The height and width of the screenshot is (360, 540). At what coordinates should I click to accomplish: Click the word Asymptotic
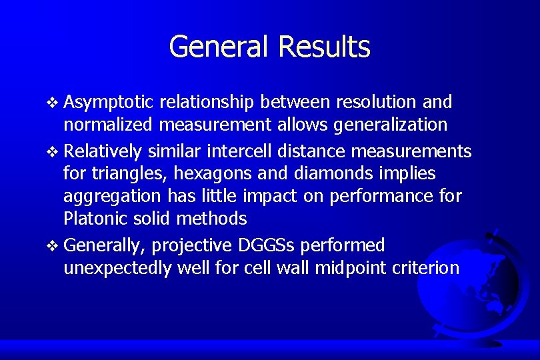(109, 102)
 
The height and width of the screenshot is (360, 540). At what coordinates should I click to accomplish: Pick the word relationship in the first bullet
(208, 102)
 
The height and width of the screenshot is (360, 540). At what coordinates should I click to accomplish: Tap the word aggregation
(111, 197)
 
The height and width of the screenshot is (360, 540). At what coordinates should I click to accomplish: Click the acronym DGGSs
(269, 245)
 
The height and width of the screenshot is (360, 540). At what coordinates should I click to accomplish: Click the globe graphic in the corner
(480, 287)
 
